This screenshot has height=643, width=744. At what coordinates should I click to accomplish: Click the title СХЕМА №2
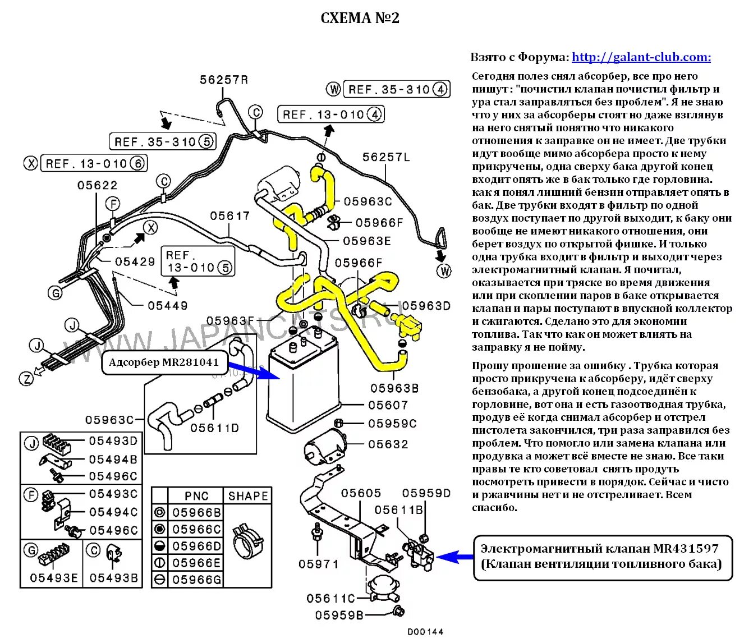tap(360, 18)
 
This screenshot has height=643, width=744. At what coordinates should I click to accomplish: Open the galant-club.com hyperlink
tap(641, 57)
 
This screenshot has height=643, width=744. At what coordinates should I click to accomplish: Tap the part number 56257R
tap(224, 80)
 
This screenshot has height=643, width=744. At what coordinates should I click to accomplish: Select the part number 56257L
tap(386, 157)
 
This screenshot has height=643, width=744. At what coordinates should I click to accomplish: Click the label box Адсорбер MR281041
tap(164, 362)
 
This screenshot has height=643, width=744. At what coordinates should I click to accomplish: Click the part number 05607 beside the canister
tap(388, 405)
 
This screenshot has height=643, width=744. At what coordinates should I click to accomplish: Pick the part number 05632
tap(388, 444)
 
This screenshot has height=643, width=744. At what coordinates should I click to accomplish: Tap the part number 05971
tap(318, 564)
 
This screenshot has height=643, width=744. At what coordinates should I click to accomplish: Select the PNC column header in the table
tap(196, 496)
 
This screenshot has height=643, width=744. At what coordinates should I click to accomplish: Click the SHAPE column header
tap(248, 496)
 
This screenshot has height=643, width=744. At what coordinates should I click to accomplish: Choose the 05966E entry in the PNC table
tap(196, 563)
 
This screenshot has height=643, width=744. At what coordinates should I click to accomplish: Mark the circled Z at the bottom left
tap(26, 379)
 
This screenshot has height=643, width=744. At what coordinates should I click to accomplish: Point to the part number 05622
tap(98, 185)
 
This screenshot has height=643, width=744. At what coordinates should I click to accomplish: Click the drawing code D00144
tap(425, 632)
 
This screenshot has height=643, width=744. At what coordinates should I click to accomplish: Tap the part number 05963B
tap(394, 388)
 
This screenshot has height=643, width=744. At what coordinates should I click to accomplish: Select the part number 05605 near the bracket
tap(361, 493)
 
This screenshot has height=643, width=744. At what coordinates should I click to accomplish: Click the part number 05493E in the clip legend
tap(54, 578)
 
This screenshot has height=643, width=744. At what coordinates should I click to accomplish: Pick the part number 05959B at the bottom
tap(339, 615)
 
